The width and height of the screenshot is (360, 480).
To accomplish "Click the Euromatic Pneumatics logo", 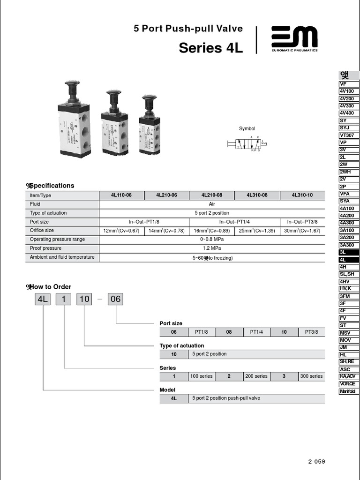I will coord(294,39).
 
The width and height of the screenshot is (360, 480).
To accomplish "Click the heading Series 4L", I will coord(211,48).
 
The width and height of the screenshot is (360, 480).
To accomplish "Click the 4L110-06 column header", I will coord(121,195).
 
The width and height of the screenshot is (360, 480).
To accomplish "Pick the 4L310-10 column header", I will coord(302,195).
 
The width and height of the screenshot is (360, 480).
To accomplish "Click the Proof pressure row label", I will coord(45,248).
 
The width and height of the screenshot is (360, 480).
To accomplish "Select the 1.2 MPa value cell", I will coord(212,248).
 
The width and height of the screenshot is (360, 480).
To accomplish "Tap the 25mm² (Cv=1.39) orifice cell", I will coord(257,231).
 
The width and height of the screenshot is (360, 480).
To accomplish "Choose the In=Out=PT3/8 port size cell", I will coord(302,222).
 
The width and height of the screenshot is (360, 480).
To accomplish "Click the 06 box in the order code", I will coord(115,299).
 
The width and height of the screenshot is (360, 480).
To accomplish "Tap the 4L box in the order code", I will coord(43,299).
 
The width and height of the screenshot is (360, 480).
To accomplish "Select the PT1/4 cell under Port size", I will coord(256,332).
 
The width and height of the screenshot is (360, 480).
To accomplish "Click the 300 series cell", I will coord(311,376).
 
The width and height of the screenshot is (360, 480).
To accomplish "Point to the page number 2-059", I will coord(316,462).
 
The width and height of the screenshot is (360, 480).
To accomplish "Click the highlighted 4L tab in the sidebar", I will coord(349,260).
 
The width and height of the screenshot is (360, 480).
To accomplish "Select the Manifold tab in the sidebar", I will coord(349,391).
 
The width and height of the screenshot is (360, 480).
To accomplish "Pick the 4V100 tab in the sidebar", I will coord(349,91).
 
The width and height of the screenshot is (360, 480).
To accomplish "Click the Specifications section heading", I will coord(52,186).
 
